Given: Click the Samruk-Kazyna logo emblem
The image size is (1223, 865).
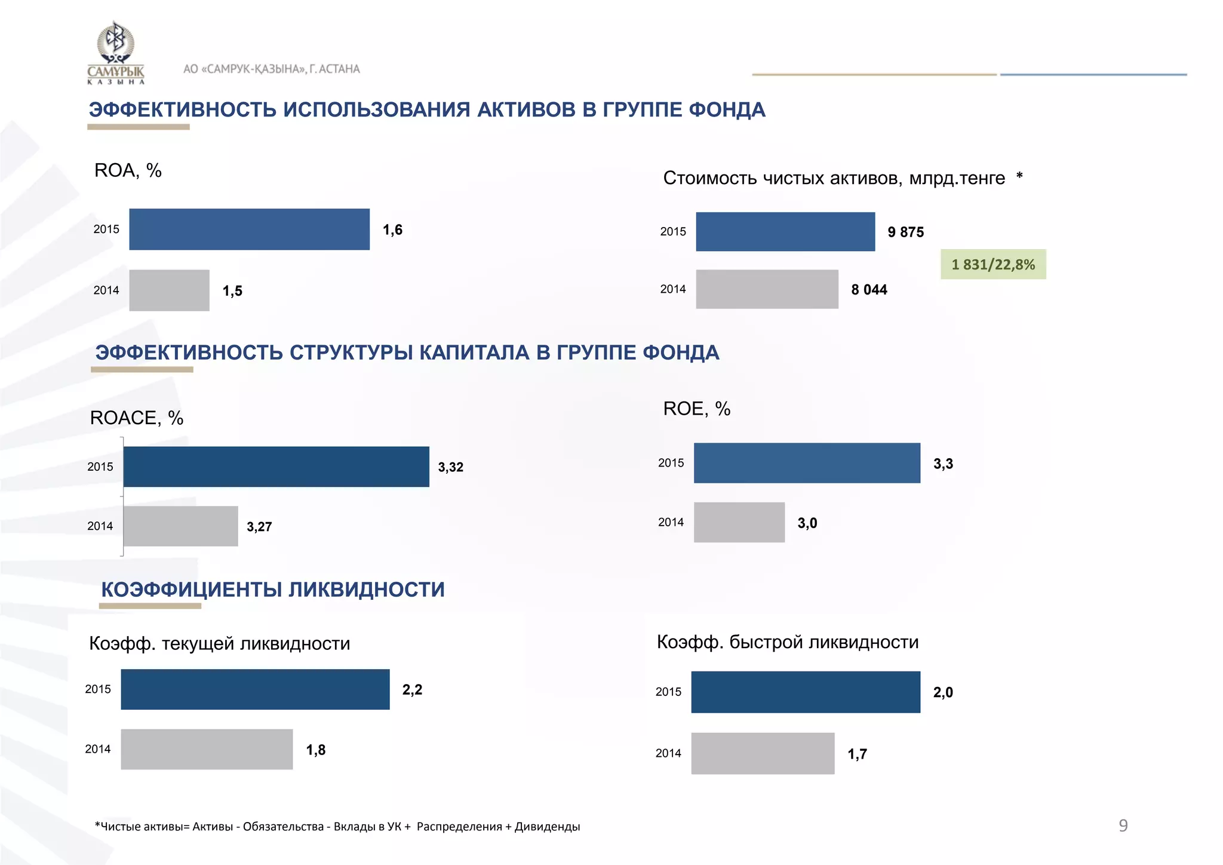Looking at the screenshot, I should [116, 45].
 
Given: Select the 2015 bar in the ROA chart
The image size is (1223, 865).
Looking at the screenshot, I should [249, 229].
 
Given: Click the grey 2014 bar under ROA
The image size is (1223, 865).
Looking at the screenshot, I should [169, 290].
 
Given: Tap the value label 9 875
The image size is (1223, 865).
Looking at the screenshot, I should [905, 232].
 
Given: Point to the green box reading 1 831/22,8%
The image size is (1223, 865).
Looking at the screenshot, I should [992, 265].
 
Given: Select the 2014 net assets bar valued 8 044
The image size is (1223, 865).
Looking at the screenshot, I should [767, 289].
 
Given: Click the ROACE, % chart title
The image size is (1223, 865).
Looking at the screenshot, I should [137, 418].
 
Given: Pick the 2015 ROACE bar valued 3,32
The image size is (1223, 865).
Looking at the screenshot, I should [276, 467].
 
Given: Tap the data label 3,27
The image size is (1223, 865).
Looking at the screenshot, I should [259, 527].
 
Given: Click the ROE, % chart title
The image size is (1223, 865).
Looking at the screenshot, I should [697, 409].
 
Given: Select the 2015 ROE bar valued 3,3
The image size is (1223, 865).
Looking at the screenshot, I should [807, 463].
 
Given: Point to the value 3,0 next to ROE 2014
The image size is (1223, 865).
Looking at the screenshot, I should [807, 523].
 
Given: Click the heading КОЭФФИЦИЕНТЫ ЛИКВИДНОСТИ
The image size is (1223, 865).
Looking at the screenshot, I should [273, 590].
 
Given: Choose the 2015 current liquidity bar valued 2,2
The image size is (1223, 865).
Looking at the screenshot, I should [255, 689].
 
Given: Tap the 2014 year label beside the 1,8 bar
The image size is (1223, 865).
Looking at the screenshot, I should [98, 749].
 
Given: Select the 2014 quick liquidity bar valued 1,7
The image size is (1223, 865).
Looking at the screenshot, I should [763, 753].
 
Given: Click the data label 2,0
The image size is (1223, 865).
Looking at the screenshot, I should [943, 692].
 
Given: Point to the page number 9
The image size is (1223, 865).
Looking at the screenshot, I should [1123, 826].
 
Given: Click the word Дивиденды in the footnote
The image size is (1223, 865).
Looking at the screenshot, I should [547, 827].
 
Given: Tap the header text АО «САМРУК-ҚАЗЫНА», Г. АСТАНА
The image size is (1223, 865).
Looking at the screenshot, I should [272, 69].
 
